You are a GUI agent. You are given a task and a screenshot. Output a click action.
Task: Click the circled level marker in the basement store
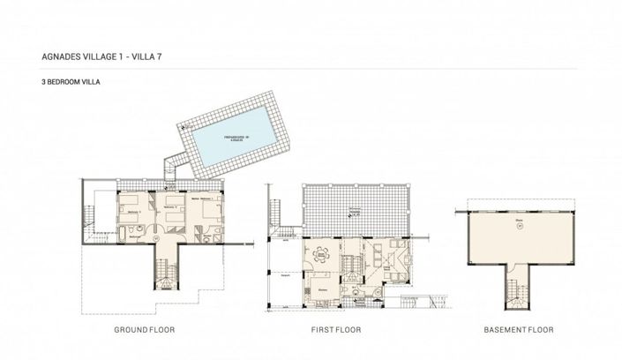(519, 226)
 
